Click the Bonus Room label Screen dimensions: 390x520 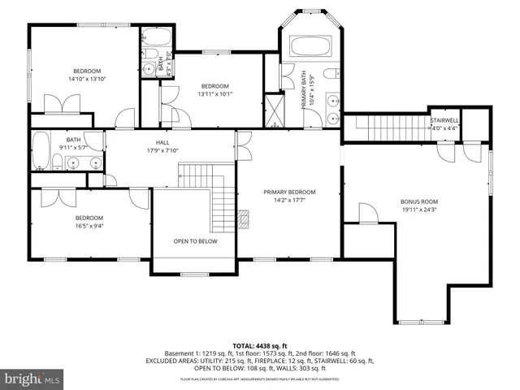418,201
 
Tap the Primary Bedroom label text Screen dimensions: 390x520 289,192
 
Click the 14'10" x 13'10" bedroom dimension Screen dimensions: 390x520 86,80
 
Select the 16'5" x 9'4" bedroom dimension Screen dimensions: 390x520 89,226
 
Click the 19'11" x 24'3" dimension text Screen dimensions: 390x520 418,210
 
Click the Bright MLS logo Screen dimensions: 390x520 32,379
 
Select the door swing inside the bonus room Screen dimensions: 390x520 366,213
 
